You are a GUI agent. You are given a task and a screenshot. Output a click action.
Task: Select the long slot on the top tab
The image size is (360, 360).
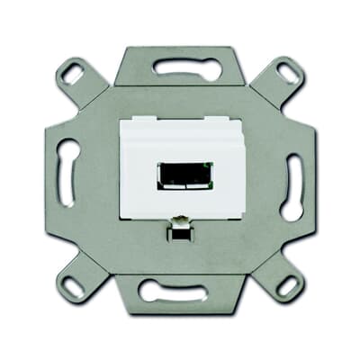178,66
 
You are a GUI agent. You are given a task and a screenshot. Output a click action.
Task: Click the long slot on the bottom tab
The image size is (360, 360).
180,291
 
